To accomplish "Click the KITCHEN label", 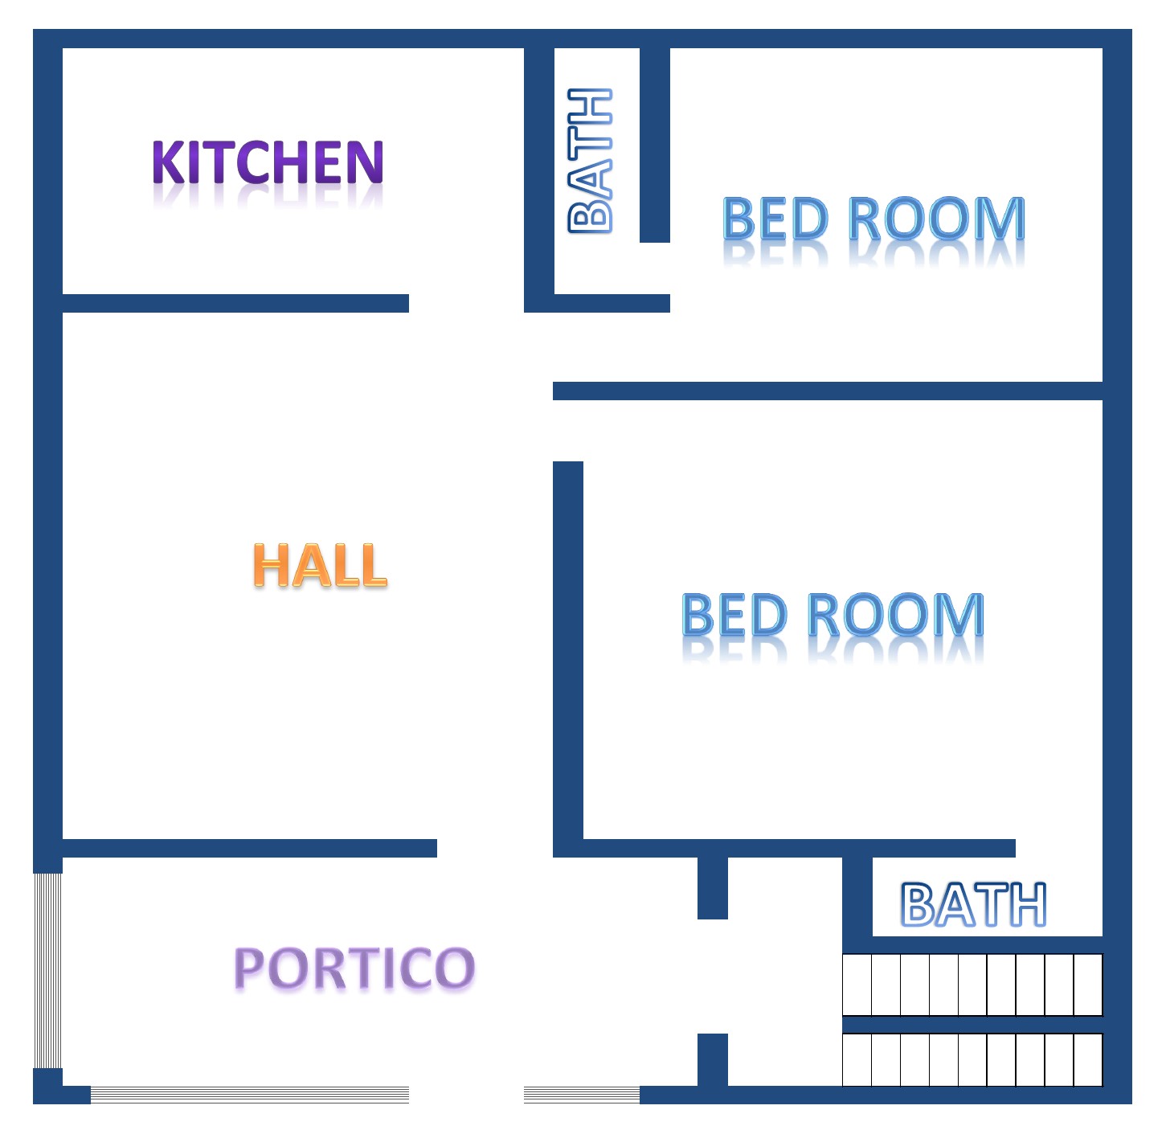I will tap(268, 162).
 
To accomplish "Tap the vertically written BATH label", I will tap(591, 161).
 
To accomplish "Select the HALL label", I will tap(320, 565).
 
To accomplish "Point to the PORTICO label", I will tap(354, 968).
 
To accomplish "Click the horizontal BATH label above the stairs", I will tap(973, 905).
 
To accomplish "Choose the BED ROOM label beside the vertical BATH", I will tap(873, 219).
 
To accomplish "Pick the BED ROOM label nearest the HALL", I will tap(833, 616).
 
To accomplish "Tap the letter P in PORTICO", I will tap(249, 968).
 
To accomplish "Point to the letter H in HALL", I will tap(271, 565).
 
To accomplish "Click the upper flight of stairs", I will tap(972, 985).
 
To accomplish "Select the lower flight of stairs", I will tap(972, 1060).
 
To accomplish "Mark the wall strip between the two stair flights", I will tap(972, 1025).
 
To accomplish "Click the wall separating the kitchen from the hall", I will tap(235, 303).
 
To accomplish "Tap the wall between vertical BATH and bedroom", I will tap(655, 145).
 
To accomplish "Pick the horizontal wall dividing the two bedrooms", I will tap(828, 391).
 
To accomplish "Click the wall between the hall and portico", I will tap(249, 848).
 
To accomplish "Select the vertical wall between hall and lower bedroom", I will tap(568, 651).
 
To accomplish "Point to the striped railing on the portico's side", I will tap(47, 971).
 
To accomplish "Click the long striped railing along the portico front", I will tap(249, 1094).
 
